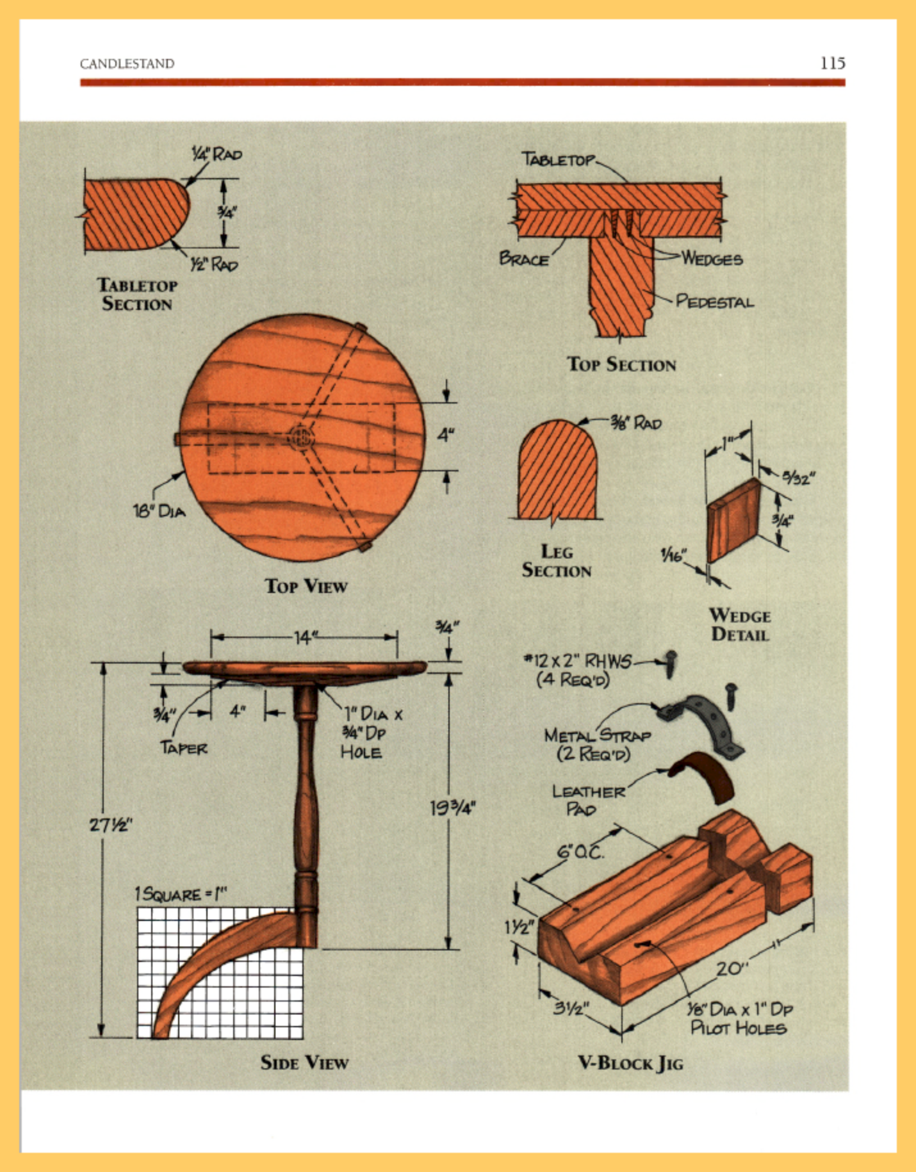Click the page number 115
click(x=832, y=63)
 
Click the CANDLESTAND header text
click(x=127, y=63)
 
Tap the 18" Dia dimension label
click(x=159, y=510)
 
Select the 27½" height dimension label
click(x=110, y=824)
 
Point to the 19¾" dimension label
click(x=452, y=808)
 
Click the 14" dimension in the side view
click(x=305, y=637)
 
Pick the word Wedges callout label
click(x=712, y=259)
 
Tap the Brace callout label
click(x=524, y=259)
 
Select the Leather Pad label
click(x=587, y=801)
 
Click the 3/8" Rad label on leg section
click(x=635, y=423)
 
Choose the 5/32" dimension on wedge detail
click(x=797, y=478)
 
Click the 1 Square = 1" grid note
click(x=181, y=893)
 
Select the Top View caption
click(x=306, y=586)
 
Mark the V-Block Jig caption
click(x=630, y=1063)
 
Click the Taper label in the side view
click(x=183, y=747)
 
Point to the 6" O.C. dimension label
click(x=580, y=852)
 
